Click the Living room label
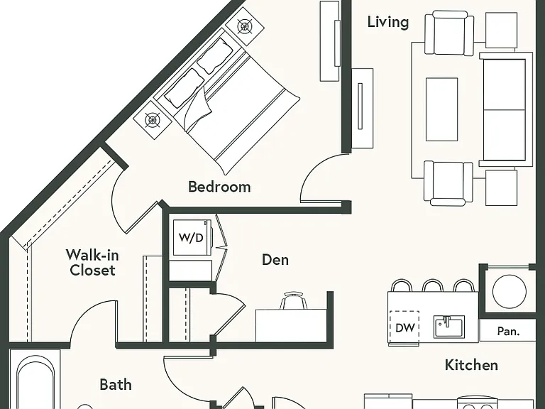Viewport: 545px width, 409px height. pos(388,22)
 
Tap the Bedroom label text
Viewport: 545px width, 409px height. pos(219,187)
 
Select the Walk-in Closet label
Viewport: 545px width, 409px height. pos(92,263)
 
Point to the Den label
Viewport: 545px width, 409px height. pos(275,260)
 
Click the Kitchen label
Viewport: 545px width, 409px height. pos(471,365)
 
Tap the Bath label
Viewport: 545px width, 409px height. pos(116,385)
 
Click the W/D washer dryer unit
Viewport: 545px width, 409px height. pos(191,238)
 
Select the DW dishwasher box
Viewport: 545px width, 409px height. pos(404,327)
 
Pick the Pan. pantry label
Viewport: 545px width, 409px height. pos(509,331)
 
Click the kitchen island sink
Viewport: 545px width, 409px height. pos(449,326)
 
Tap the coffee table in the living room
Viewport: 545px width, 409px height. pos(442,109)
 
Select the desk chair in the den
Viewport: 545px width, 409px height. pos(294,300)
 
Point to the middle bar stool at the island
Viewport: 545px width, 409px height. pos(433,285)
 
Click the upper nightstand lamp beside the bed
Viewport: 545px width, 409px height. pos(245,26)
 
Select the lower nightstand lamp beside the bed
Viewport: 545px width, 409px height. pos(153,120)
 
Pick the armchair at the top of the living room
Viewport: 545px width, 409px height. pos(449,33)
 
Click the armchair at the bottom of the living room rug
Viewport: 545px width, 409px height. pos(448,183)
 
